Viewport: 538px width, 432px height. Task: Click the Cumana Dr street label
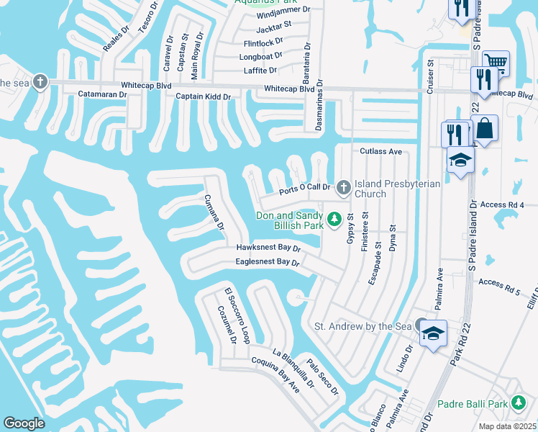(x=214, y=213)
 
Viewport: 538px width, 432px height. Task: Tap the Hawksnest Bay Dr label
(x=268, y=248)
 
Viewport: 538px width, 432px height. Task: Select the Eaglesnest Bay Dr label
(x=267, y=263)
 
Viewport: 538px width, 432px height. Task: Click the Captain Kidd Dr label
(x=203, y=96)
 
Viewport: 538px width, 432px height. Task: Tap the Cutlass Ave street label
(x=380, y=152)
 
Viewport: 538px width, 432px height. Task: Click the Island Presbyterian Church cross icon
(x=344, y=188)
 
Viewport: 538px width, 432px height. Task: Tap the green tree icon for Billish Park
(x=334, y=219)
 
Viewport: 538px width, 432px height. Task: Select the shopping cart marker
(x=496, y=62)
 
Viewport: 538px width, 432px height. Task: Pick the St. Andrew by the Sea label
(x=363, y=326)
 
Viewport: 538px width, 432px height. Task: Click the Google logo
(x=24, y=423)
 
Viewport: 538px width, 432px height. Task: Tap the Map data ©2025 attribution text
(x=507, y=426)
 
